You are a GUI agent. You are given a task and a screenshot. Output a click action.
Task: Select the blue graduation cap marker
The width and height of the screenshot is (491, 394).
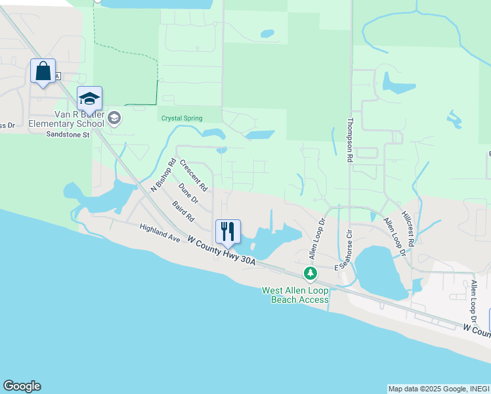tap(89, 99)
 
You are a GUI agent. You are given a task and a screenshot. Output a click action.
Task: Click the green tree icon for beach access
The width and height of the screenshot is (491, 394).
tap(310, 273)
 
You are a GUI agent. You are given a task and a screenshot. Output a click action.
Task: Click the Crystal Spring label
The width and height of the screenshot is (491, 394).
tap(182, 118)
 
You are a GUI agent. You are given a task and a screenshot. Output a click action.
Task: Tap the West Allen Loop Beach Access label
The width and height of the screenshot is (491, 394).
tap(295, 295)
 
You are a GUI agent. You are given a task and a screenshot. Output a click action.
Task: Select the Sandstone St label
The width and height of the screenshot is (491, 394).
tap(67, 135)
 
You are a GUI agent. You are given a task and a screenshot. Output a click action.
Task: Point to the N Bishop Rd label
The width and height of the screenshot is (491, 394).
tap(163, 175)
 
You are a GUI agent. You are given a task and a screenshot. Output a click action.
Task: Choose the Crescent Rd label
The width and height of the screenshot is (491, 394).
tap(194, 175)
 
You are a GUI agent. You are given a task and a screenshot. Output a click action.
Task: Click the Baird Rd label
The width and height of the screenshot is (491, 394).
tap(184, 211)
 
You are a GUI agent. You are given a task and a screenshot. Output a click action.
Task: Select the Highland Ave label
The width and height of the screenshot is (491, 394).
tap(160, 233)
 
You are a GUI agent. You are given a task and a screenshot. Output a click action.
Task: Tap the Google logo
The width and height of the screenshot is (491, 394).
tap(22, 386)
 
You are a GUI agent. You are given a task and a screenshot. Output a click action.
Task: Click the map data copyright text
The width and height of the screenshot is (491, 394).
tap(438, 389)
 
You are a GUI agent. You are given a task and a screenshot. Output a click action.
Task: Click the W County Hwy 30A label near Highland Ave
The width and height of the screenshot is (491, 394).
tap(221, 252)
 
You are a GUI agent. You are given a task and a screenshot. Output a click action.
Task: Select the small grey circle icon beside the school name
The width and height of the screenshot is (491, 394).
tap(114, 118)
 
